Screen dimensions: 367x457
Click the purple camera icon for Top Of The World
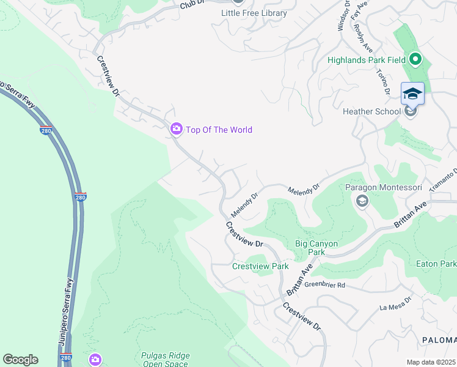(176, 128)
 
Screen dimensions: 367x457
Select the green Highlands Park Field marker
(415, 59)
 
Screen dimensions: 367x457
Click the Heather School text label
(371, 111)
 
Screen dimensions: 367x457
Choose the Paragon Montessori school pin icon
(362, 201)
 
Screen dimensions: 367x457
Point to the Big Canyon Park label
(316, 248)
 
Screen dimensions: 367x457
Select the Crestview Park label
(260, 266)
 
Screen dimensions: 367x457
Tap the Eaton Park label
(444, 264)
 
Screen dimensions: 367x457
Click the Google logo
(20, 360)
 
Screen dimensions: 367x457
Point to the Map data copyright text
(431, 362)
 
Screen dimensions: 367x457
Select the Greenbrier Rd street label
(325, 285)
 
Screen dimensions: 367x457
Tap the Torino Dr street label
(383, 83)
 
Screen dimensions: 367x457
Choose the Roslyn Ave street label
(367, 39)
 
